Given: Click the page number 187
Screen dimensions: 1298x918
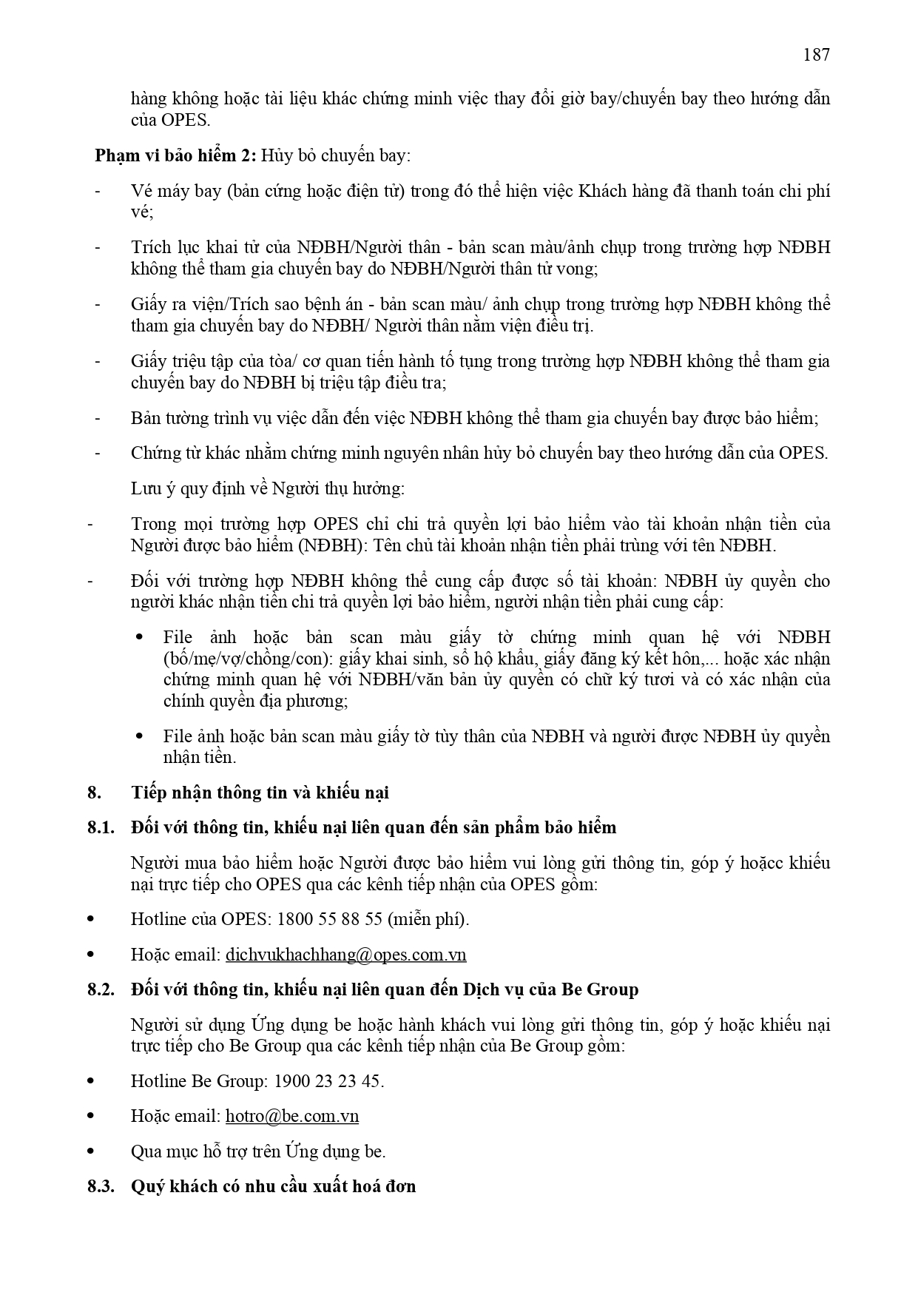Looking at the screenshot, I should click(815, 55).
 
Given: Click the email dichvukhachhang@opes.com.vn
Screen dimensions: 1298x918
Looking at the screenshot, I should click(345, 955).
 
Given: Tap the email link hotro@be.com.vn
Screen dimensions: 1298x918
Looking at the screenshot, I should click(291, 1116).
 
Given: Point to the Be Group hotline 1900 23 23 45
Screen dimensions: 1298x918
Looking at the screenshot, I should click(328, 1081).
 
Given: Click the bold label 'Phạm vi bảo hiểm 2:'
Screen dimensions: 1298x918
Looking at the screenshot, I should click(175, 156).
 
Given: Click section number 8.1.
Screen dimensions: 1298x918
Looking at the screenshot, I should click(100, 827).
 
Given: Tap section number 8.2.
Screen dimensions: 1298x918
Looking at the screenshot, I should click(100, 989).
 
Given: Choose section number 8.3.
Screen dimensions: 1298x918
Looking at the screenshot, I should click(100, 1186).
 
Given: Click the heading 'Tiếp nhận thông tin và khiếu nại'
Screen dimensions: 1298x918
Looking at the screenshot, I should click(260, 793).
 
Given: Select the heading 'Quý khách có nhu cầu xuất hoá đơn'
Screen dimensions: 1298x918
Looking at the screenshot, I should click(273, 1186).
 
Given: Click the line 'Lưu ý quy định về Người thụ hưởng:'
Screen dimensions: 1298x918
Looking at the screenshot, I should click(267, 488).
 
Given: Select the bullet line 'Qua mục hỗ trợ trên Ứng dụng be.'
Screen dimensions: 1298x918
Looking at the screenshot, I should click(258, 1151).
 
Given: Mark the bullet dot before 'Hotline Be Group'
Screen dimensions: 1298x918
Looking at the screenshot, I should click(91, 1081).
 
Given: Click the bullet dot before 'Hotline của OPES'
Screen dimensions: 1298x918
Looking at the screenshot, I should click(91, 919).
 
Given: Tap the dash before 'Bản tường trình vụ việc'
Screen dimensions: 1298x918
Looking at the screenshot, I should click(98, 419).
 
